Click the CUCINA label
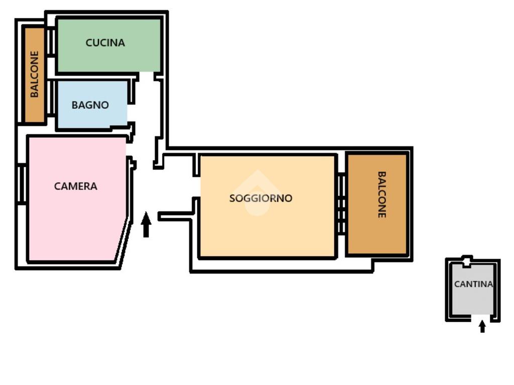coord(105,43)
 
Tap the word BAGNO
coord(90,105)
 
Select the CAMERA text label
coord(76,186)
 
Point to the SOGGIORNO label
coord(261,198)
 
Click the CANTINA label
coord(473,284)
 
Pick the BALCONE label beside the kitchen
coord(35,74)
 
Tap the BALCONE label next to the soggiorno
coord(381,195)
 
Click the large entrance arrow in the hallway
coord(146,225)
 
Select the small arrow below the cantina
coord(482,327)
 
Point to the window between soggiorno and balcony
coord(341,203)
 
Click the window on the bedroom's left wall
coord(22,184)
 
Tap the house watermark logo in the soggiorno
coord(258,193)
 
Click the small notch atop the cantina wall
coord(467,261)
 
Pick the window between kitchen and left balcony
coord(51,43)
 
